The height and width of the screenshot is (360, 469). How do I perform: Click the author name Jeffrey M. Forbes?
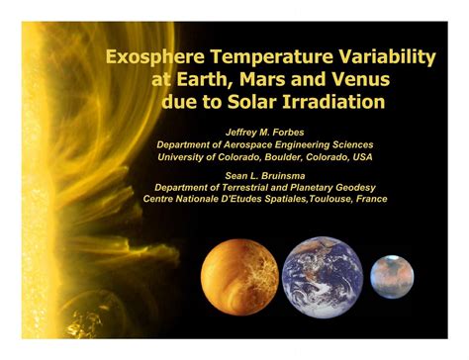[x=270, y=132]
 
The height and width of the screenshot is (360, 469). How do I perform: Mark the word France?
[x=366, y=198]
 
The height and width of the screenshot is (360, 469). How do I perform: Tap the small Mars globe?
[x=392, y=277]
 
